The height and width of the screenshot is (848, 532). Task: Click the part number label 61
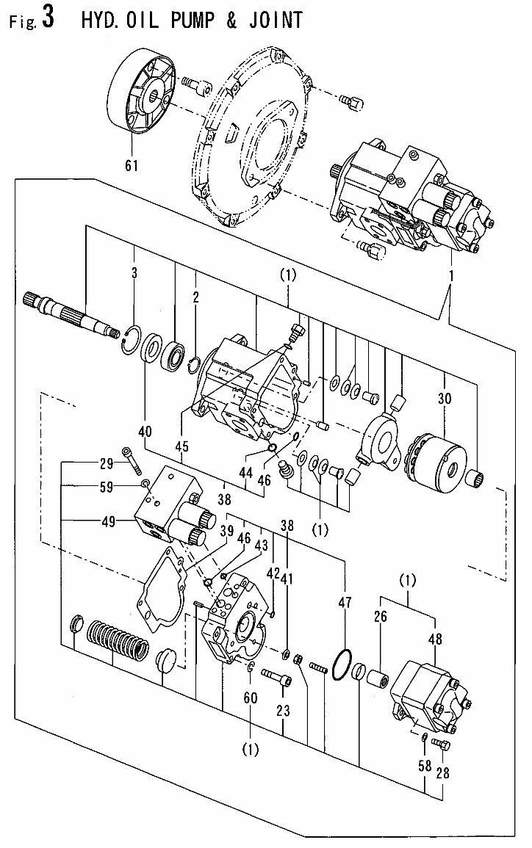(x=132, y=166)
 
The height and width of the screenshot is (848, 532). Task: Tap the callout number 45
(x=181, y=446)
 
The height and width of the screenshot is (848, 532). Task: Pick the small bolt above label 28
(x=441, y=745)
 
